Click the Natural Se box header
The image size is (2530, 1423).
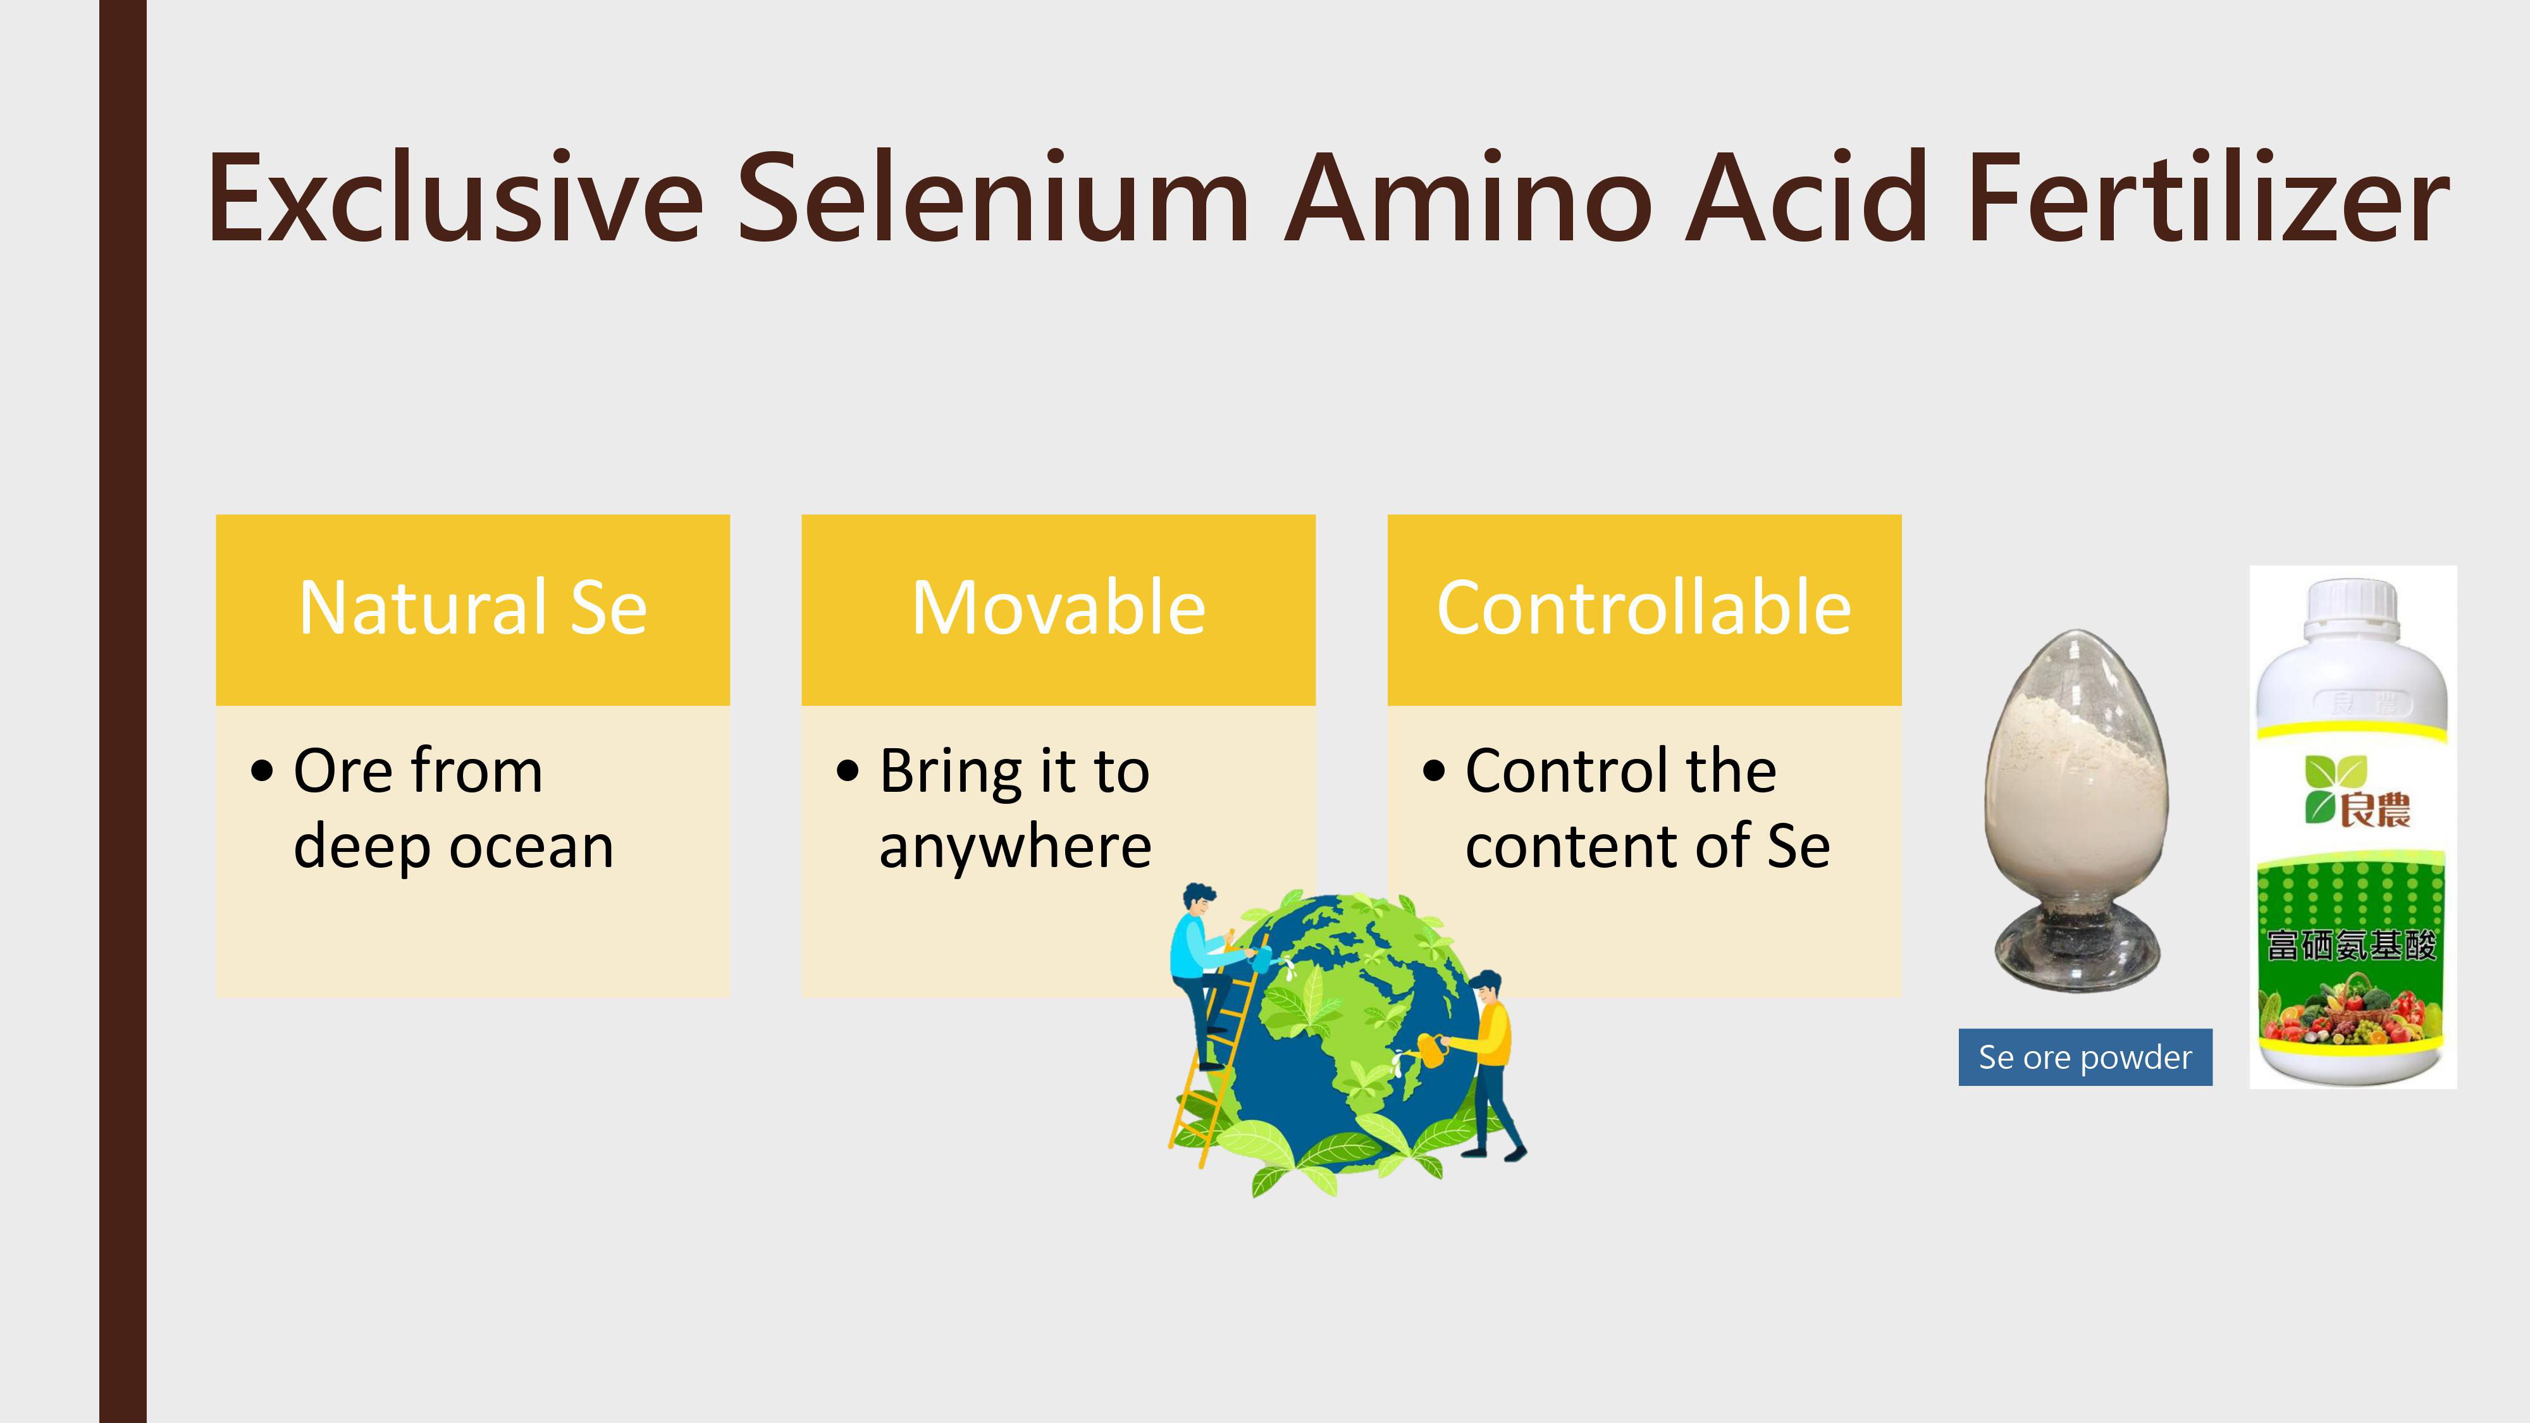click(x=472, y=609)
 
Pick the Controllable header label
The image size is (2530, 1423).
click(x=1644, y=609)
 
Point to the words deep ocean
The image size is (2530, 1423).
click(x=454, y=847)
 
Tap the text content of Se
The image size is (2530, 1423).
click(x=1647, y=847)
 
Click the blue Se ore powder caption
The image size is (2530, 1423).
click(x=2085, y=1057)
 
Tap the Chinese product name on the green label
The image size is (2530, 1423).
click(x=2351, y=945)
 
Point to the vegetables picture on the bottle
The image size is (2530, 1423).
click(x=2351, y=1011)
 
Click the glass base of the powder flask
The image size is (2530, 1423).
click(x=2077, y=947)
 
